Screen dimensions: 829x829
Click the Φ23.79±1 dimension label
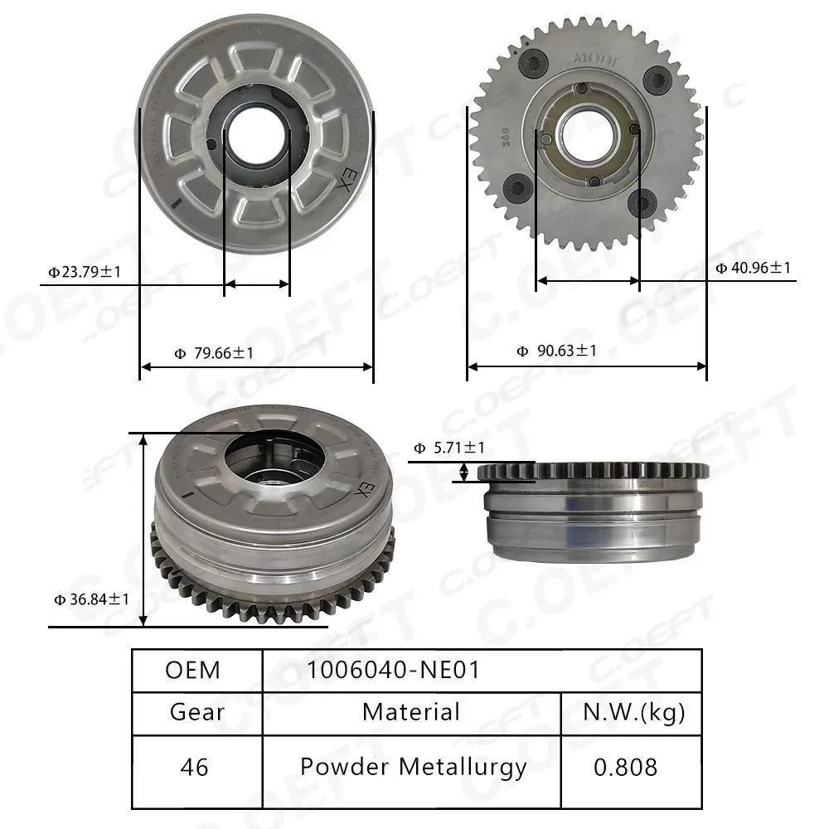[x=85, y=270]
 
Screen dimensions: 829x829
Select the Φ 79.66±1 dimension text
[x=214, y=353]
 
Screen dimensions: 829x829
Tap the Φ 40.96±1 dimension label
[x=753, y=268]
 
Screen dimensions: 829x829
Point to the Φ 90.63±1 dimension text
[x=556, y=351]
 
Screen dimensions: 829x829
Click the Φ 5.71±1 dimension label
[x=449, y=448]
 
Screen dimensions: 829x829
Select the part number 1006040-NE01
[x=394, y=670]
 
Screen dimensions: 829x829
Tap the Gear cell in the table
[x=196, y=711]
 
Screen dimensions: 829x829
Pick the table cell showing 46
[x=196, y=767]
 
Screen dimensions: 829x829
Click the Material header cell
[x=411, y=711]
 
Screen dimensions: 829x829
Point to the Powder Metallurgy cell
[x=413, y=767]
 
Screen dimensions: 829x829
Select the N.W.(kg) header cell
[x=633, y=711]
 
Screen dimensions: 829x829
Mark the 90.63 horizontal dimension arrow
[x=587, y=365]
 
